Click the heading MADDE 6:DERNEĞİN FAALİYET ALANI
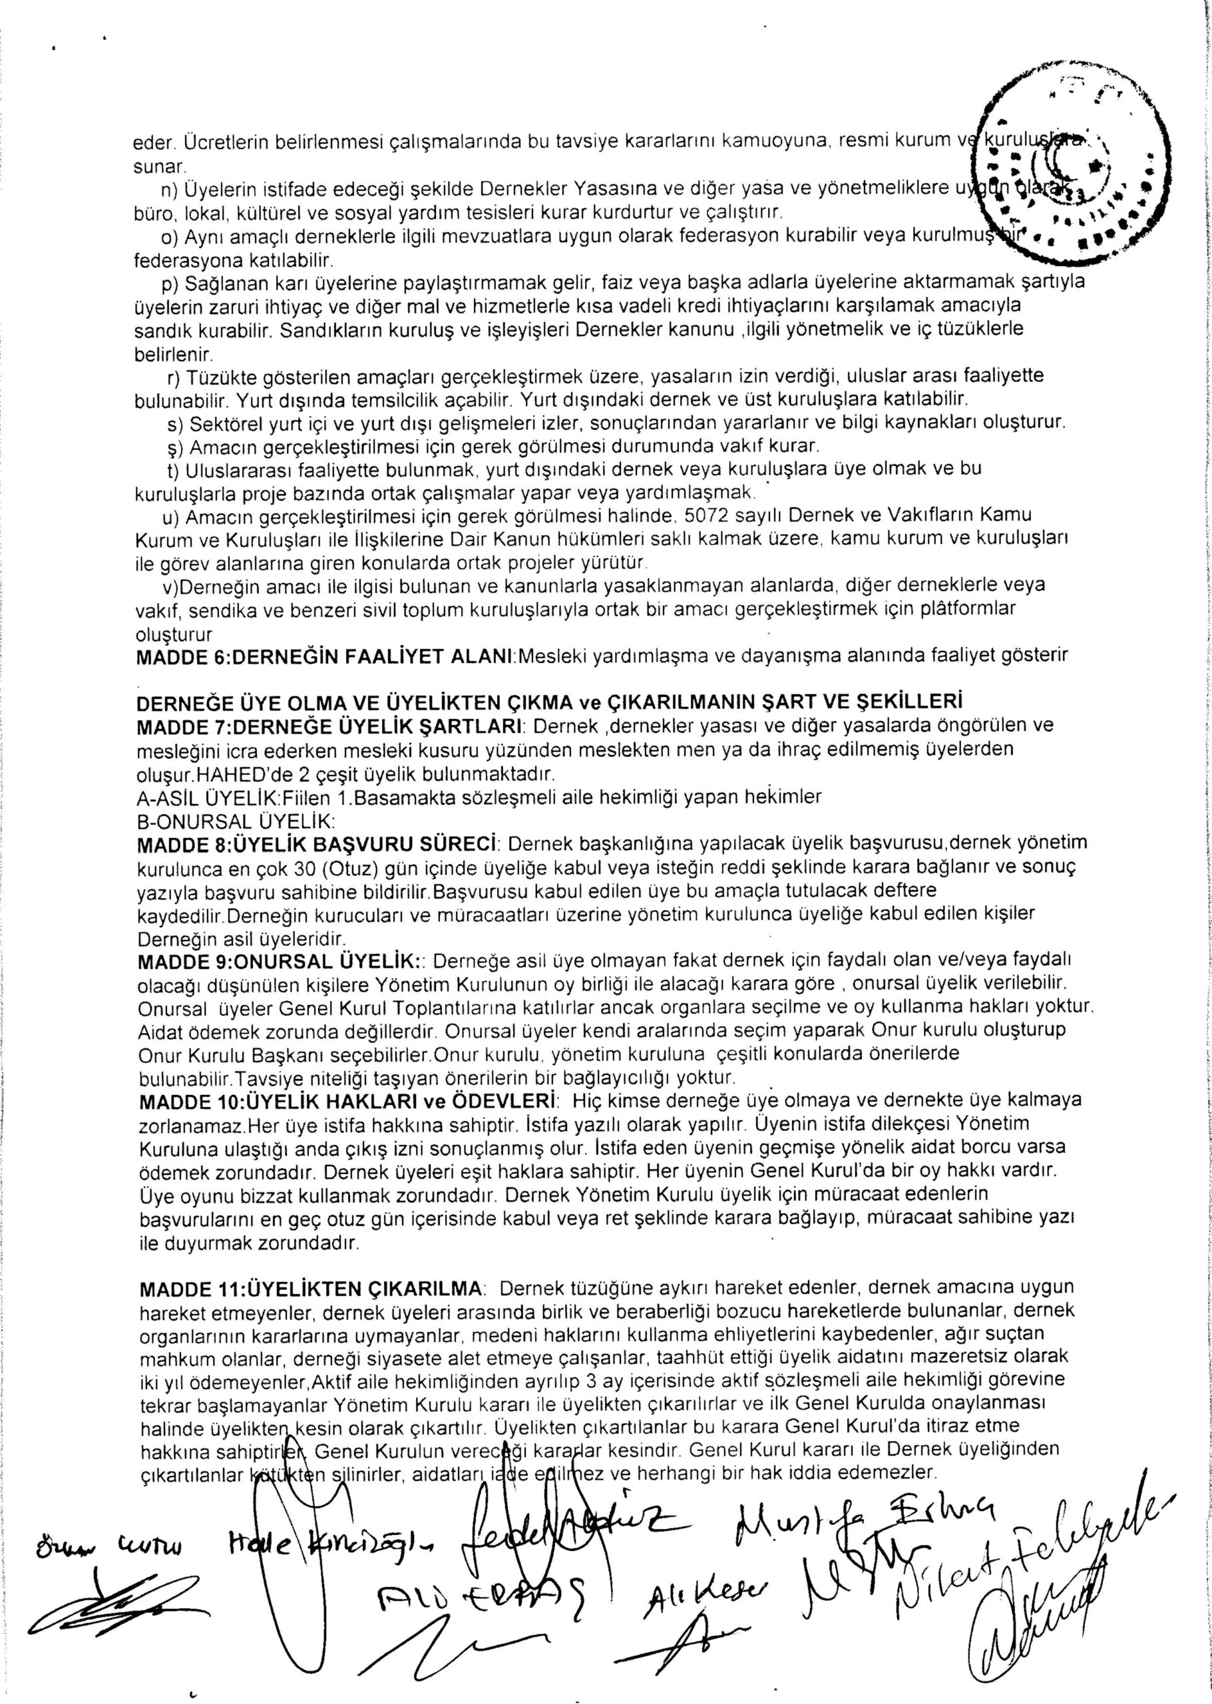[x=325, y=658]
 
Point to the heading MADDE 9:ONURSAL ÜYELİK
[x=278, y=959]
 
